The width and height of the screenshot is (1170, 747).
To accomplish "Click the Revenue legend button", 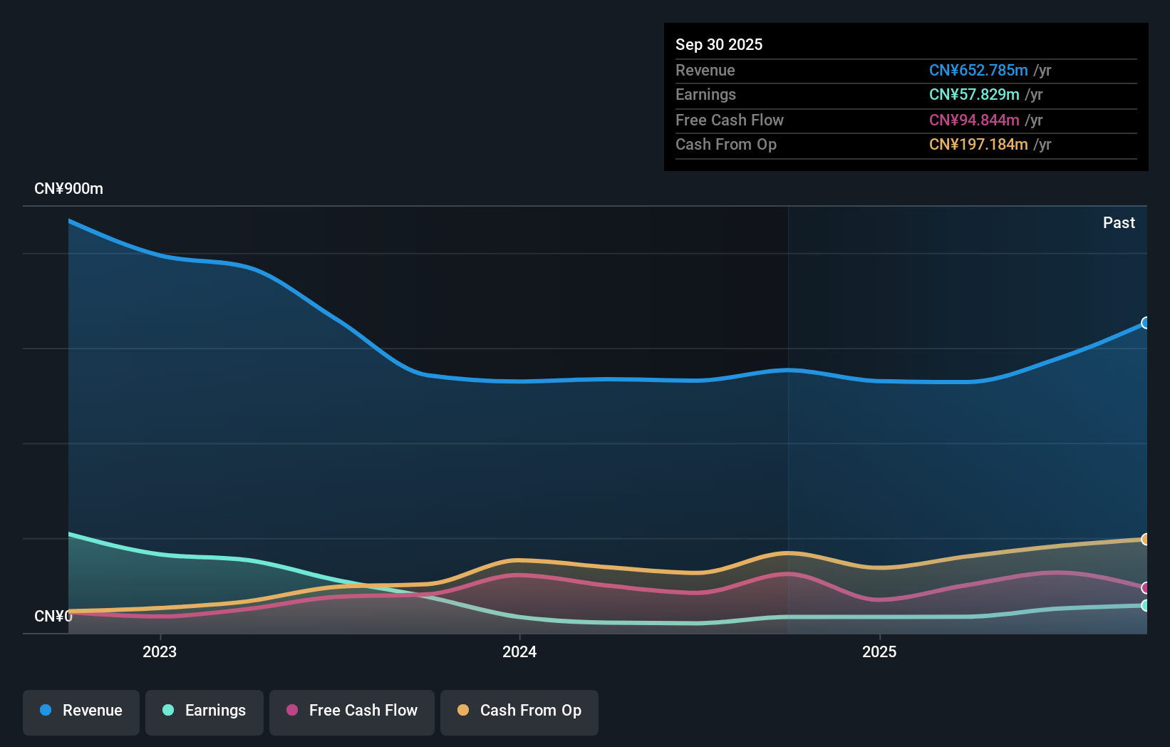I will click(81, 711).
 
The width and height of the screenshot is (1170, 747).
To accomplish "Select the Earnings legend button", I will click(205, 711).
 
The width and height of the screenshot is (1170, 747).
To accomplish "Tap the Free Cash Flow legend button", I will click(352, 711).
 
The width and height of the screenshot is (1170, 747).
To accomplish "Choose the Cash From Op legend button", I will click(519, 711).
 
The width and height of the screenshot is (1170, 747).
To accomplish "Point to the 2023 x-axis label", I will click(160, 652).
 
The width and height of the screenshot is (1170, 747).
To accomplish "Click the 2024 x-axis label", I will click(519, 652).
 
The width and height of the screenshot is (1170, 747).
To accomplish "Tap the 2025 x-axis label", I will click(879, 652).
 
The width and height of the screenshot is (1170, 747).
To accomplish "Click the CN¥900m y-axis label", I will click(68, 189).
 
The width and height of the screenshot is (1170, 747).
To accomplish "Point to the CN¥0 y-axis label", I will click(53, 617).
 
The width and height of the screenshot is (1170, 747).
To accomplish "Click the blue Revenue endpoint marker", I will click(1145, 323).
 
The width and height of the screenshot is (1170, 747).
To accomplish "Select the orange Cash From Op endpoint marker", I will click(1145, 540).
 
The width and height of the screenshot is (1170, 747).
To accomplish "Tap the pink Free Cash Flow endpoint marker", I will click(1145, 588).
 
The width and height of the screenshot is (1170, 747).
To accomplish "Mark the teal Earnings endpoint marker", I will click(1145, 606).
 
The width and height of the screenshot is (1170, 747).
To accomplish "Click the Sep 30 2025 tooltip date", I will click(719, 45).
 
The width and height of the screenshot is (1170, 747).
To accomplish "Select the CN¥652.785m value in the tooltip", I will click(978, 71).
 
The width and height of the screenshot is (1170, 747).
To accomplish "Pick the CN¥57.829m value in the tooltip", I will click(974, 95).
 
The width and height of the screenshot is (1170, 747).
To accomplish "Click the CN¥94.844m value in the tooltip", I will click(974, 120).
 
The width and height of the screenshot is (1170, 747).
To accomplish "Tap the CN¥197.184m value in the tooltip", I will click(978, 145).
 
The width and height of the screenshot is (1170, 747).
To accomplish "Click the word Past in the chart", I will click(1119, 223).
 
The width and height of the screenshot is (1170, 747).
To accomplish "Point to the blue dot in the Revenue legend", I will click(46, 711).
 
